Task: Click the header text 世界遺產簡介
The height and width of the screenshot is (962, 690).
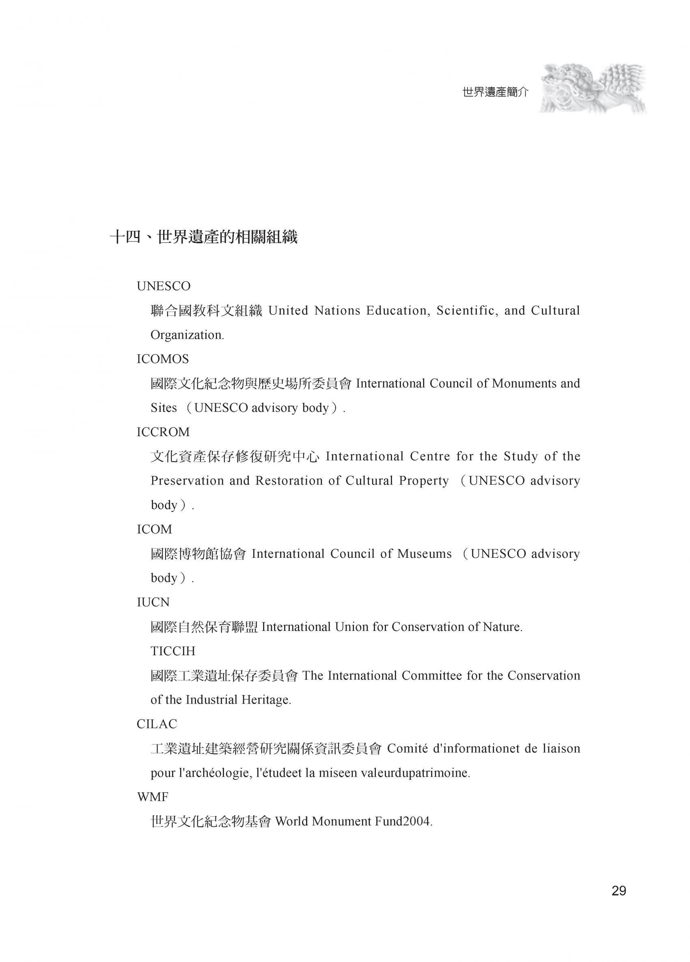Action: click(x=495, y=92)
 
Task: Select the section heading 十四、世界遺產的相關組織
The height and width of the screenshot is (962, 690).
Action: click(x=203, y=237)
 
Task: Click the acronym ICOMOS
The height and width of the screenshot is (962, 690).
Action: click(x=162, y=359)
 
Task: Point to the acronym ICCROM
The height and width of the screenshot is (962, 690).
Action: click(x=163, y=432)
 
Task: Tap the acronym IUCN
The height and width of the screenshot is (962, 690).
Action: click(x=153, y=602)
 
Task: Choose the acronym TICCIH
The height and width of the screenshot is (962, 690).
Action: click(x=173, y=651)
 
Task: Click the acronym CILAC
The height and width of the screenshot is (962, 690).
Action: click(x=157, y=724)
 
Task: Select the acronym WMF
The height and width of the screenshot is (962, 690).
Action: click(x=152, y=797)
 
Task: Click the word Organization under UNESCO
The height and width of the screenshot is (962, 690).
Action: click(x=187, y=335)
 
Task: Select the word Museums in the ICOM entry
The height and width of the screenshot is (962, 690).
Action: click(x=425, y=554)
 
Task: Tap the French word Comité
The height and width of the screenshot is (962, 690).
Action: click(x=407, y=748)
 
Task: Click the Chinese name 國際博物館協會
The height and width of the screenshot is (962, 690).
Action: click(x=198, y=554)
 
